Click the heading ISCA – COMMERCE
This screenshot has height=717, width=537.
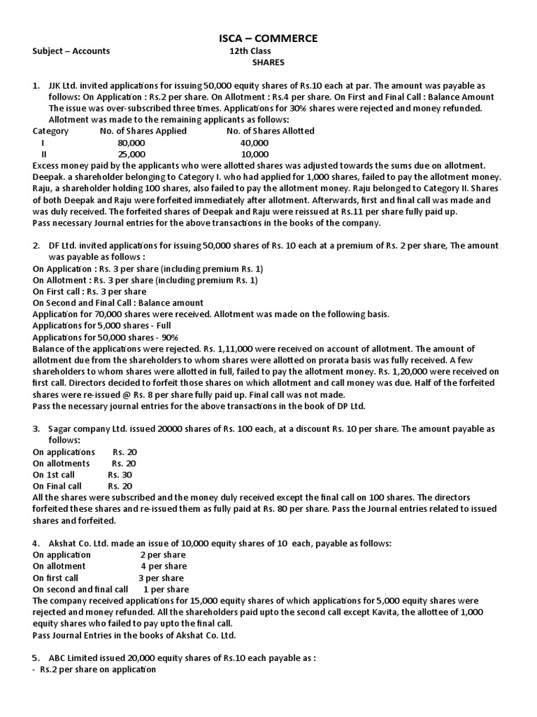(x=268, y=37)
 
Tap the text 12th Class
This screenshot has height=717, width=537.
(x=250, y=50)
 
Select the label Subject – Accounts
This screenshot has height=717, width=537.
(x=71, y=50)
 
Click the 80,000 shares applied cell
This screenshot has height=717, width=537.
(x=131, y=142)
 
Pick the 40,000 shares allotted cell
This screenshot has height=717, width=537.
(x=254, y=142)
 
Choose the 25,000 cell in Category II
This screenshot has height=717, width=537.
(x=131, y=153)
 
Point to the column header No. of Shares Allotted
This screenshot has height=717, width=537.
(x=271, y=131)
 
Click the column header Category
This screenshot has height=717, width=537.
(x=50, y=131)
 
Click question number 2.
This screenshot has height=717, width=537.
(x=36, y=245)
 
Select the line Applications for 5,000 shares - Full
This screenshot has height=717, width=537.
(x=101, y=326)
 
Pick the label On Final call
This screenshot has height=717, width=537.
(x=57, y=486)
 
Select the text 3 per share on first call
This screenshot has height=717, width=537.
(x=161, y=578)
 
